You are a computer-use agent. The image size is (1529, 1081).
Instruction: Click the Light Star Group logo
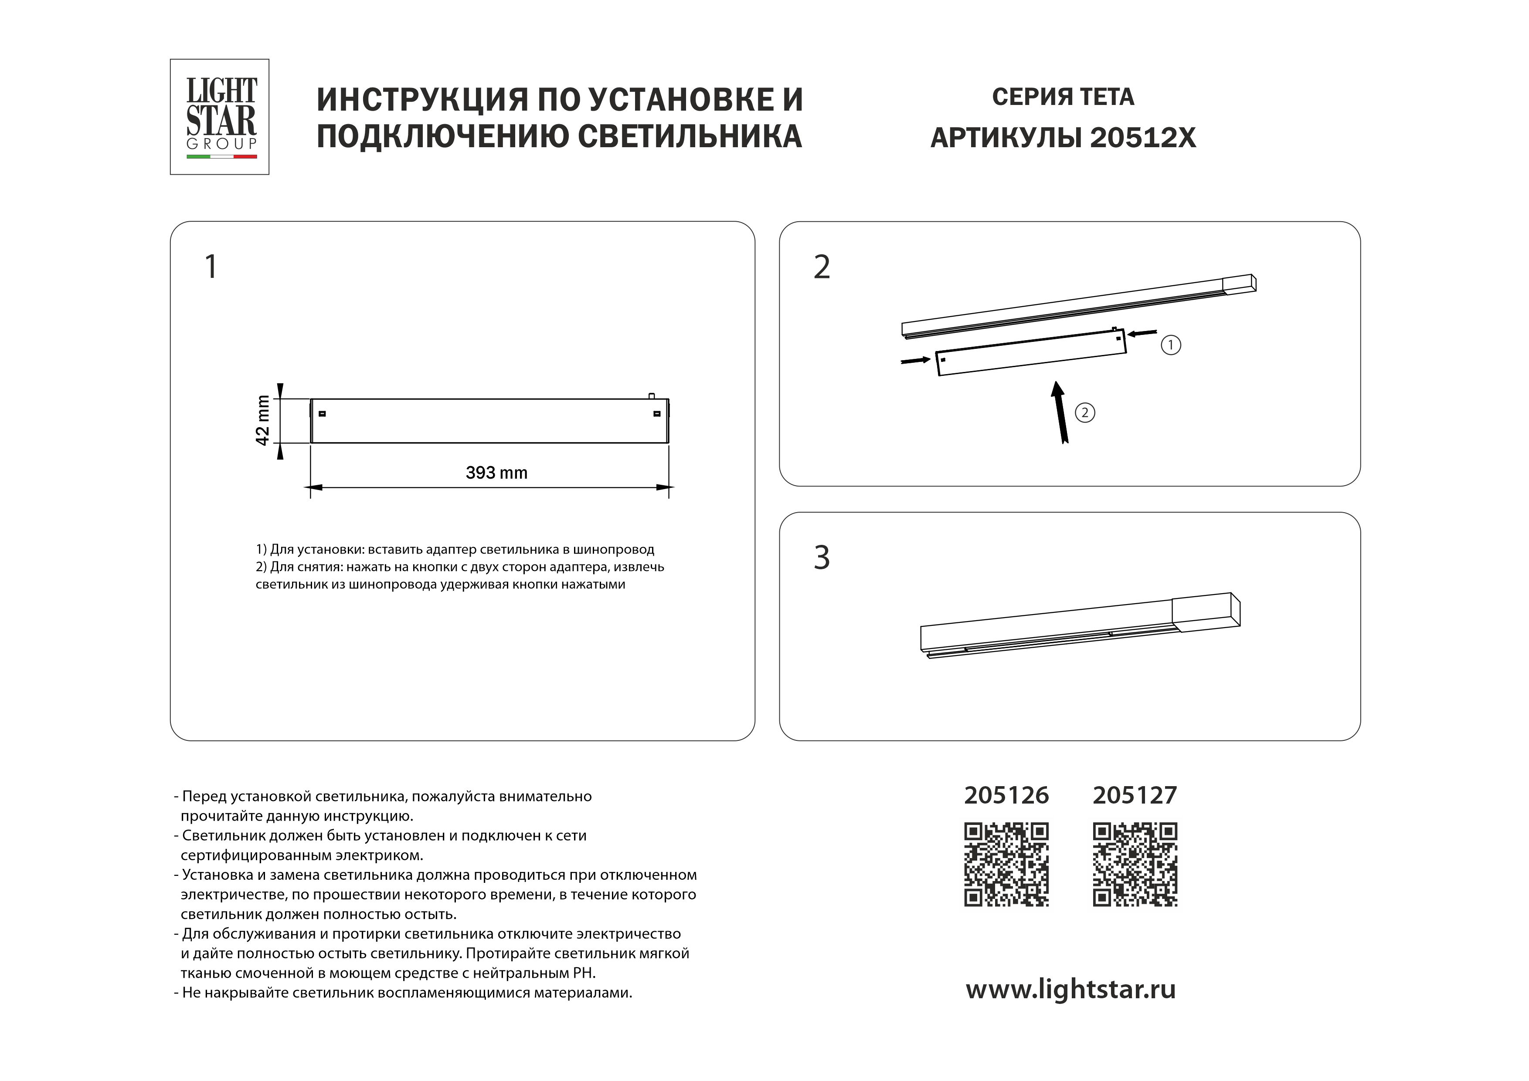[220, 116]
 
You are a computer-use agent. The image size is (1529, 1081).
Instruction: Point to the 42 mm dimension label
[263, 421]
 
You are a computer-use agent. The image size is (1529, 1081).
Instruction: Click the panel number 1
[211, 267]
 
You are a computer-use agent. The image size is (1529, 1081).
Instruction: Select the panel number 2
[822, 267]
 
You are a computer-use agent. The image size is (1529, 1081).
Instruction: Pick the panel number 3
[822, 558]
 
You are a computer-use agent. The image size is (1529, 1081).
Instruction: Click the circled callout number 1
[1171, 345]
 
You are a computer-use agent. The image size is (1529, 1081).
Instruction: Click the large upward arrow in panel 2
[1060, 413]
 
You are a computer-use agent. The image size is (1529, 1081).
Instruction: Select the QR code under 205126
[1006, 865]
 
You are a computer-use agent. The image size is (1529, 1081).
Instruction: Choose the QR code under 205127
[1135, 865]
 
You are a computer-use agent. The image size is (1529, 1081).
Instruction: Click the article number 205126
[1006, 795]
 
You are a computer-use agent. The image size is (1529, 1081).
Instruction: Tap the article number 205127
[1135, 795]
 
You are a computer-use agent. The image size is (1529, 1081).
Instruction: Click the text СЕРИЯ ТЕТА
[1063, 97]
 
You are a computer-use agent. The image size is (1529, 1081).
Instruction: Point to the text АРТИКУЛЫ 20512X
[1063, 138]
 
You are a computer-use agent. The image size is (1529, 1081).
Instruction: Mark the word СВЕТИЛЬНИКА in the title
[689, 136]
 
